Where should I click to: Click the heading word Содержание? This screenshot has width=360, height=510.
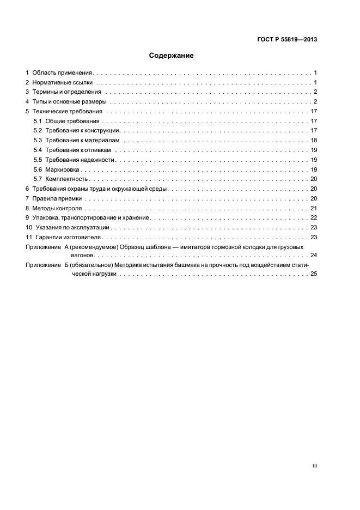172,56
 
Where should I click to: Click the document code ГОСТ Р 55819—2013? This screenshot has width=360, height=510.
287,39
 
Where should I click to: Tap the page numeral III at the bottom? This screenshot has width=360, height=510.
314,466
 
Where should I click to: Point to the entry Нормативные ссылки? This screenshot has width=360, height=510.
63,82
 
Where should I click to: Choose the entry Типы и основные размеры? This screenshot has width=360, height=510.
69,102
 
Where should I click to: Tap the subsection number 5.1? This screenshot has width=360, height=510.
38,121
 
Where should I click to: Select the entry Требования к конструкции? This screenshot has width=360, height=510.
83,131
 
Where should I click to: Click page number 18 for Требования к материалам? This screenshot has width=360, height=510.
314,141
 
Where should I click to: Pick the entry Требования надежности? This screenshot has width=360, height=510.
81,160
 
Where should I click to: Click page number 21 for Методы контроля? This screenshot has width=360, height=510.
314,208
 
